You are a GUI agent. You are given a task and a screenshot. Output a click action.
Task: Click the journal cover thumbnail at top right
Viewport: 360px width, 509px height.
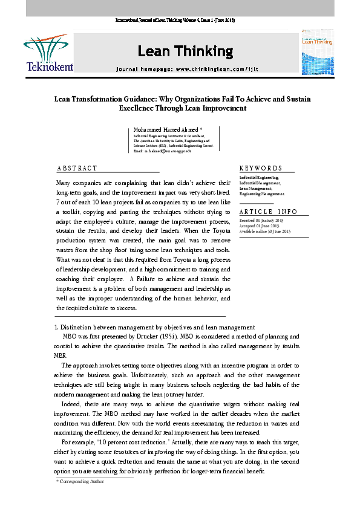(317, 53)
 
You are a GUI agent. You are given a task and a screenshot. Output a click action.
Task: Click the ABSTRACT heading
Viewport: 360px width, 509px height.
(76, 168)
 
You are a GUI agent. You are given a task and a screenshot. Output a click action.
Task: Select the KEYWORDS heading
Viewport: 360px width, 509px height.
(260, 168)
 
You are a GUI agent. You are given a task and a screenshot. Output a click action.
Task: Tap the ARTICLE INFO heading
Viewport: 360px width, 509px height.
(268, 212)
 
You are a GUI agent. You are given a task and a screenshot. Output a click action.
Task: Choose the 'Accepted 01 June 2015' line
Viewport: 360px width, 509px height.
(261, 227)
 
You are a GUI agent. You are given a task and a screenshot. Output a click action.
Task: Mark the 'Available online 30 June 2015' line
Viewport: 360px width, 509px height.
(265, 232)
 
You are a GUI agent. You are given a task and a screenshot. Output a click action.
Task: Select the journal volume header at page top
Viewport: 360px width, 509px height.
(175, 21)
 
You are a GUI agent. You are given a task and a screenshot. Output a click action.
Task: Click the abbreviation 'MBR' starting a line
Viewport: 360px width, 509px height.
(62, 355)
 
